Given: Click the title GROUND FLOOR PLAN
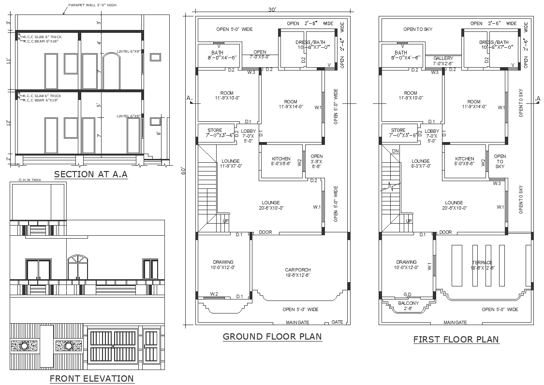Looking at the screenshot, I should point(272,336).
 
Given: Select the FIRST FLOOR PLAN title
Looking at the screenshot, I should point(456,339).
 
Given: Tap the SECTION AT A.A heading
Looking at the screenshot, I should point(90,174).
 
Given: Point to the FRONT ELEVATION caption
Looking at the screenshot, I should point(92,378).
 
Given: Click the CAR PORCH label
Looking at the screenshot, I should point(298,270).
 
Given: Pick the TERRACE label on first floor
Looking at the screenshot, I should point(482,263).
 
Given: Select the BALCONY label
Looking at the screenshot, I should point(409,303).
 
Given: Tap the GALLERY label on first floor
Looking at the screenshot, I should point(443,58).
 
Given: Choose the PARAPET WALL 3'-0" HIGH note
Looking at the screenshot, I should point(92,5).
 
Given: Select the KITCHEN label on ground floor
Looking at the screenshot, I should point(281,159).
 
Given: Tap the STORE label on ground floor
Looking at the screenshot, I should point(215,130).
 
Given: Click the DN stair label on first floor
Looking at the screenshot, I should point(395,151).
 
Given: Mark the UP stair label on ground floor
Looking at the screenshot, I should point(225,221).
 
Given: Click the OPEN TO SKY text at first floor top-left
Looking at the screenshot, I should point(418,29).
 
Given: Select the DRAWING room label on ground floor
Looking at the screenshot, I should point(222,262).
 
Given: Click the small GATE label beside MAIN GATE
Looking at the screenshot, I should point(337,322).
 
